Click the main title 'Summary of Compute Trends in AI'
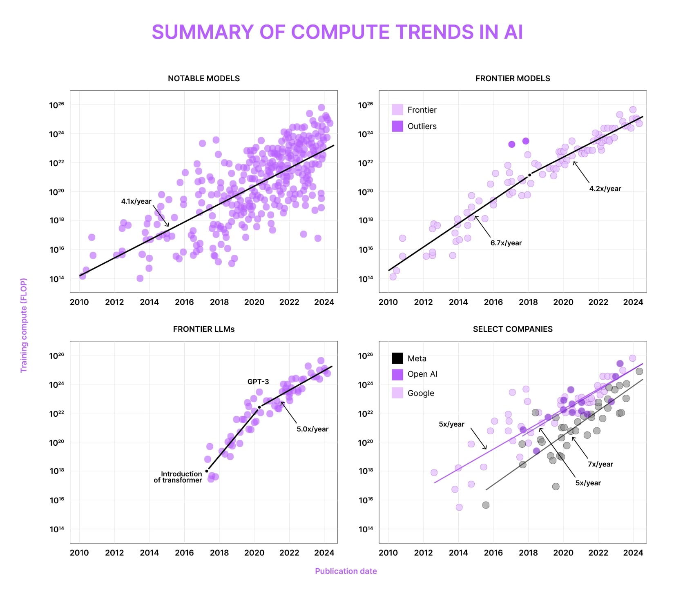(x=337, y=32)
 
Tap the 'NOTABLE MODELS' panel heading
(x=204, y=78)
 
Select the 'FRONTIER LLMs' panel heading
(x=204, y=329)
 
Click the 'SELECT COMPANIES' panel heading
(x=513, y=329)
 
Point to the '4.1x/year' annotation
(x=136, y=201)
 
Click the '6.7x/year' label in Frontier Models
(x=506, y=243)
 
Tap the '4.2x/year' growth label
(x=605, y=189)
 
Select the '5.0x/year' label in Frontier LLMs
(x=312, y=429)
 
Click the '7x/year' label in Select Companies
(x=600, y=464)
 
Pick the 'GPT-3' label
(x=258, y=382)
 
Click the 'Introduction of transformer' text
(x=178, y=477)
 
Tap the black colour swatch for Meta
(x=397, y=358)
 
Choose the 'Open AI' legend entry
(x=422, y=374)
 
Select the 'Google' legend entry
(x=420, y=393)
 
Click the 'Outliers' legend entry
(x=422, y=126)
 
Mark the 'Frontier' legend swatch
(x=397, y=109)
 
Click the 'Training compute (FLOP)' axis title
(x=24, y=325)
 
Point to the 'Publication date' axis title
(x=346, y=571)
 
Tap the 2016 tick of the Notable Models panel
(x=184, y=302)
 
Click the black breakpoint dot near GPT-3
(x=259, y=407)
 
